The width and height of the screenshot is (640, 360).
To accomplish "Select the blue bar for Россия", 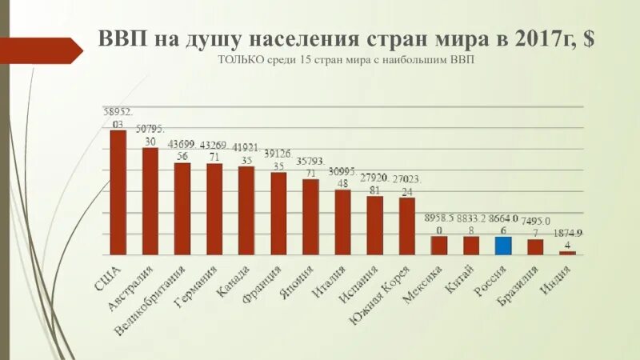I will (x=502, y=246).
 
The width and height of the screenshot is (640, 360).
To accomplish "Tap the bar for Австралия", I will (x=150, y=201).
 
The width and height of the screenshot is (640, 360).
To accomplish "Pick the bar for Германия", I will (x=214, y=209).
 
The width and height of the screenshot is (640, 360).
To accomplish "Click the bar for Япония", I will (x=310, y=217).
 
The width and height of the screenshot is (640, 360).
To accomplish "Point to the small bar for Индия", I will (x=567, y=253).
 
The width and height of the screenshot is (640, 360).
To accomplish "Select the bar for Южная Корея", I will (x=406, y=226).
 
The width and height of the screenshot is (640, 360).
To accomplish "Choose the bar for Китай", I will (x=470, y=246).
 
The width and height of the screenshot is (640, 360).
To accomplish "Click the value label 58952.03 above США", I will (x=118, y=118).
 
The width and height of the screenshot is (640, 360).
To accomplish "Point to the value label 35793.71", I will (x=310, y=166).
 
